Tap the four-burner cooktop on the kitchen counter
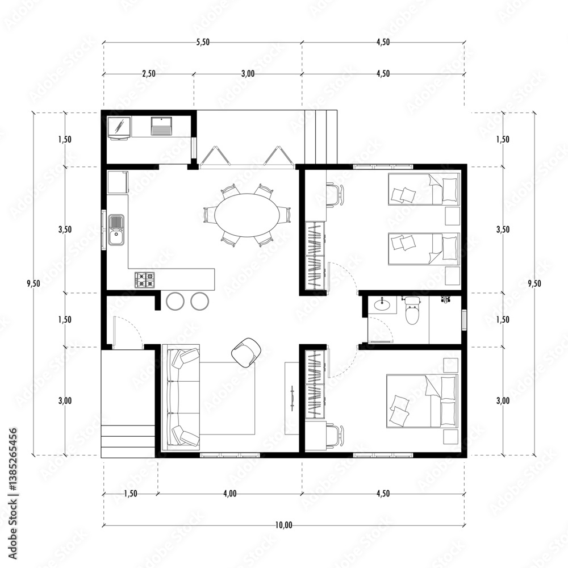tap(144, 279)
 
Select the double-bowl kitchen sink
tap(116, 229)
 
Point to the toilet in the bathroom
tap(412, 312)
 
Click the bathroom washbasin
tap(382, 305)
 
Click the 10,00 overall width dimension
tap(284, 525)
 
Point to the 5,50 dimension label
tap(202, 43)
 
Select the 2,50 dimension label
tap(148, 73)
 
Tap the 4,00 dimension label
tap(229, 494)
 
